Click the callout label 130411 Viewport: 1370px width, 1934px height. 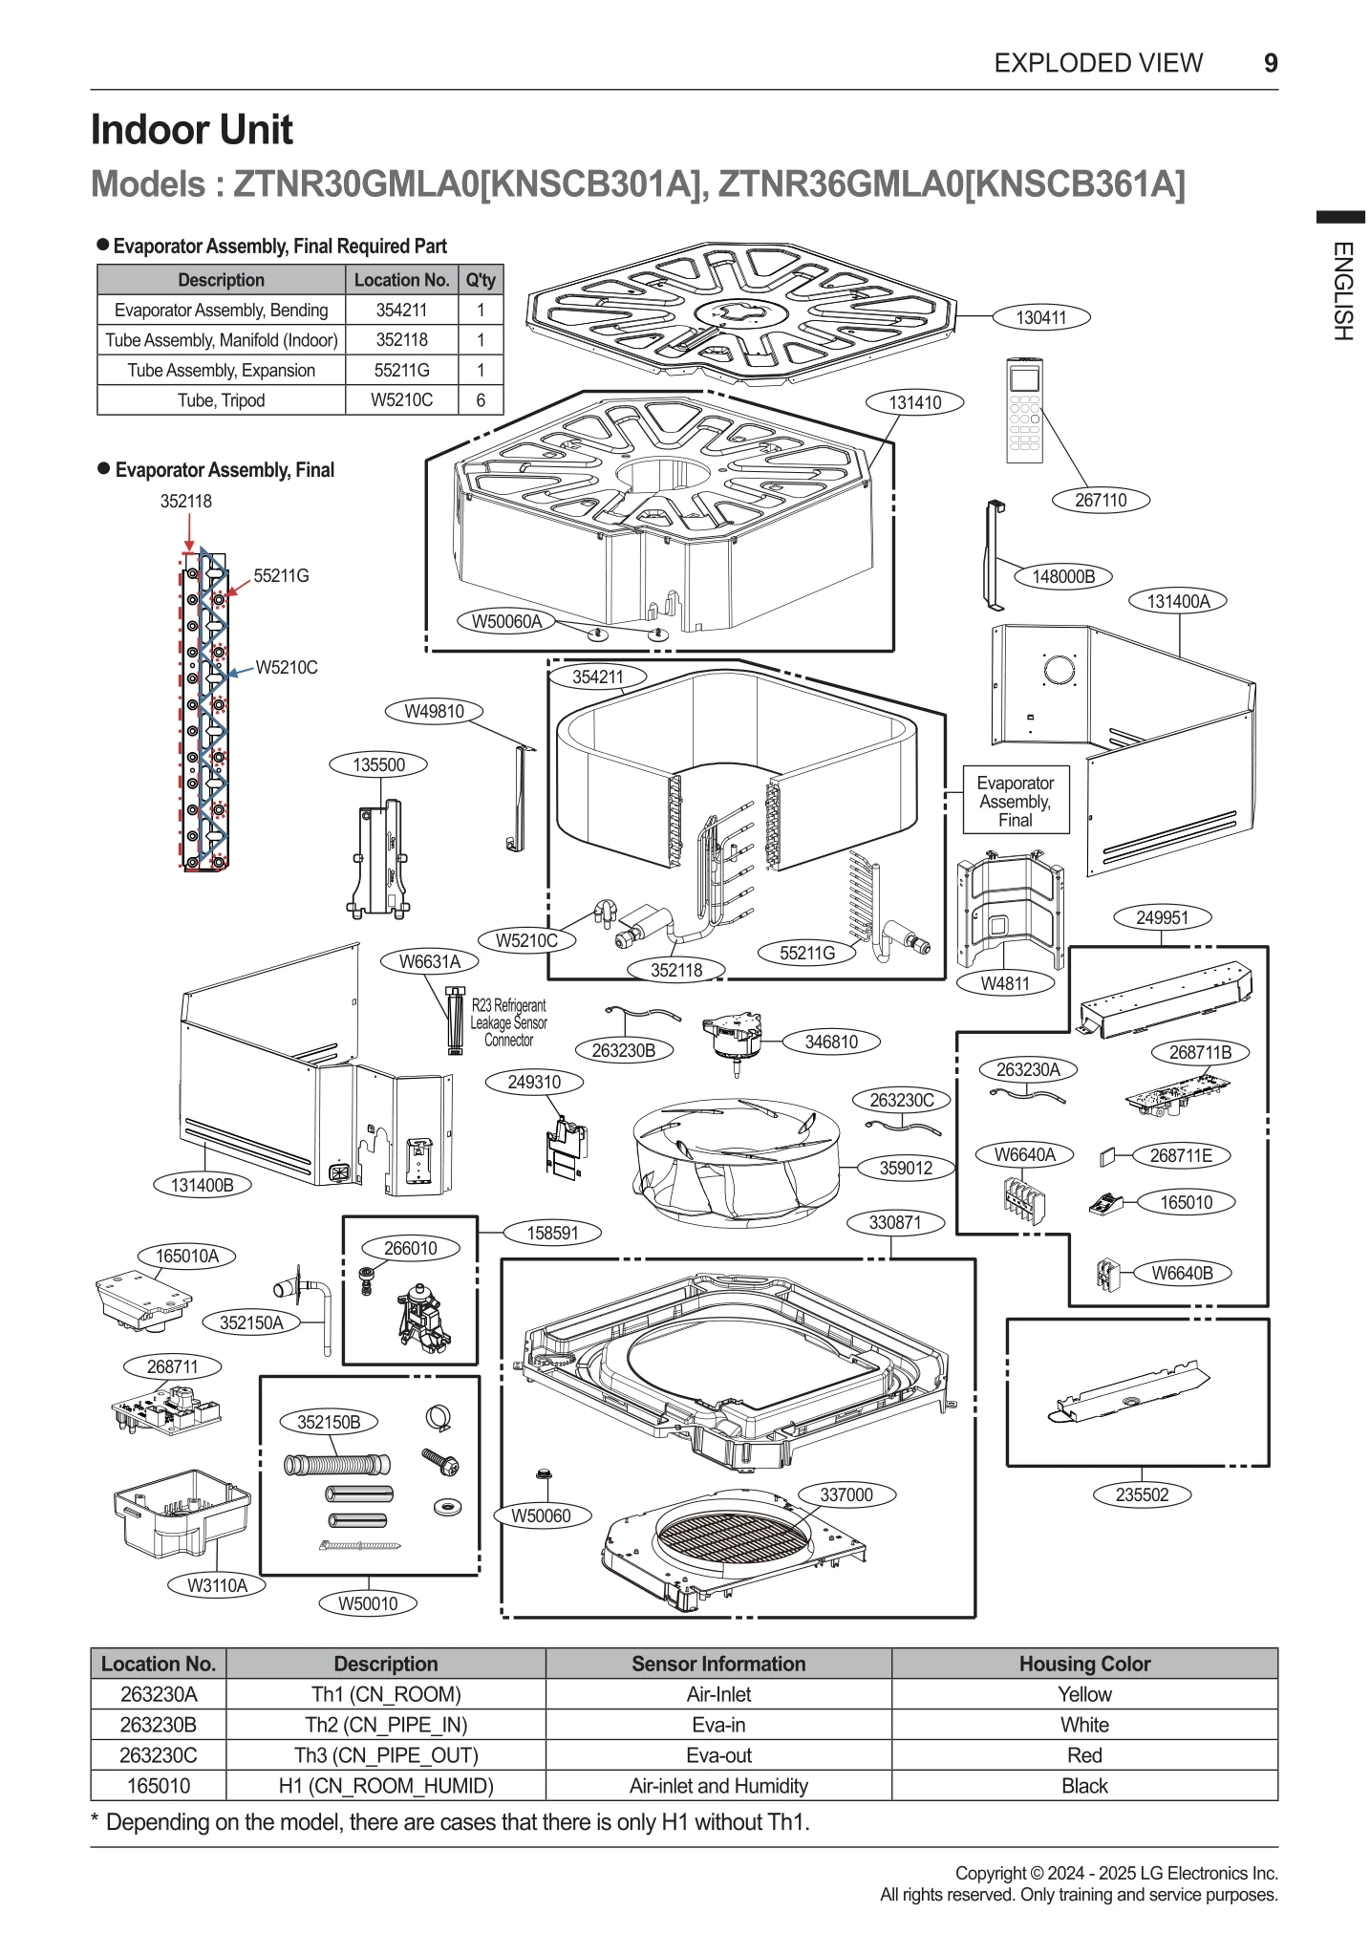(1040, 317)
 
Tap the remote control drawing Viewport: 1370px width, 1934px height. (1024, 410)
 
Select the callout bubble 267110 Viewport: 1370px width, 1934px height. (1100, 500)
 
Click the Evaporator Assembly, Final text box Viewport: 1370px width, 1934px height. (1015, 801)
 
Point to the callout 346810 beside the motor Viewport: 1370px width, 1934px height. (830, 1042)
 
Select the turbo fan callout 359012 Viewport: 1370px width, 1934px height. (905, 1168)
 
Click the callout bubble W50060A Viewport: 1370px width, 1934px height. (506, 621)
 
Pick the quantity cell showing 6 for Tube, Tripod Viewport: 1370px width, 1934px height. (481, 400)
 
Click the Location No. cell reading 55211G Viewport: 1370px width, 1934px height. (401, 370)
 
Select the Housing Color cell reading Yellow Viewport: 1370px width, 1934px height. (1084, 1694)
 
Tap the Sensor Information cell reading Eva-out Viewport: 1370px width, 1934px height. (718, 1755)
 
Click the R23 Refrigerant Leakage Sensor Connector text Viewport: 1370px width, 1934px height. (508, 1022)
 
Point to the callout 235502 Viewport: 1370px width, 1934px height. (1142, 1494)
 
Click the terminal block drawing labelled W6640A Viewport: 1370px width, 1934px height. (1024, 1200)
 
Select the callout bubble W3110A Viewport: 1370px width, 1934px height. (217, 1585)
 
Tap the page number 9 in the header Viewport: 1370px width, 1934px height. (1270, 63)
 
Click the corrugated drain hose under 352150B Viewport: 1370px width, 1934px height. (337, 1465)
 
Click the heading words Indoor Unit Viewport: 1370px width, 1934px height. (191, 130)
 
